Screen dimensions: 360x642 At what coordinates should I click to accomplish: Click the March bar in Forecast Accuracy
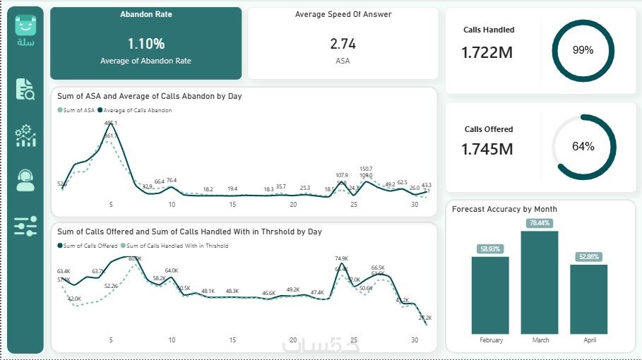540,282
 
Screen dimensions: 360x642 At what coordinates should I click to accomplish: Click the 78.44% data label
540,223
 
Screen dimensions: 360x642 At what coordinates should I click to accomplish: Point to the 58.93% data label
490,249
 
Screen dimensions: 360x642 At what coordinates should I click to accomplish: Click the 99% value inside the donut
583,50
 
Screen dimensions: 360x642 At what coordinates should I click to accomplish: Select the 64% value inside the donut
583,147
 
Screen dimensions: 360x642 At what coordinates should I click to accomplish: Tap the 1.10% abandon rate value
145,44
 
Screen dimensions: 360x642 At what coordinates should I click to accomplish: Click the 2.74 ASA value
343,44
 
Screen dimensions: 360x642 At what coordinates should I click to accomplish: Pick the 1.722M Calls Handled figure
488,52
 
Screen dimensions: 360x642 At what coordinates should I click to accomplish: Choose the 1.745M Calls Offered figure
488,149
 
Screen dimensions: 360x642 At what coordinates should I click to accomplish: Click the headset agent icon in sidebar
25,181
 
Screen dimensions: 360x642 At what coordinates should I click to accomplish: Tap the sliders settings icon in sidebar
25,227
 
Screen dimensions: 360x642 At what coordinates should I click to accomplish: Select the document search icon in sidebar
25,89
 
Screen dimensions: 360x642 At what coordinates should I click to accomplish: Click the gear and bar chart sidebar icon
25,136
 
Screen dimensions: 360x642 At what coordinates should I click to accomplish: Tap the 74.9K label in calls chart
342,259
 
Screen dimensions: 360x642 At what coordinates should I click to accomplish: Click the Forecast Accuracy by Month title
504,209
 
